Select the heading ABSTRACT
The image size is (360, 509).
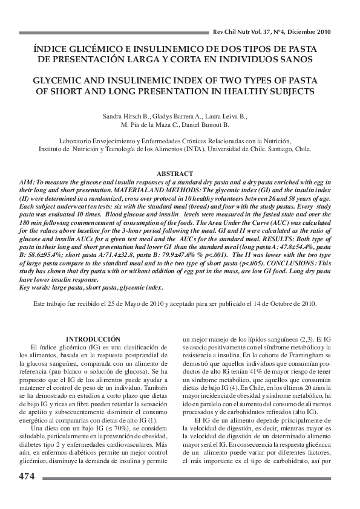[x=175, y=173]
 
